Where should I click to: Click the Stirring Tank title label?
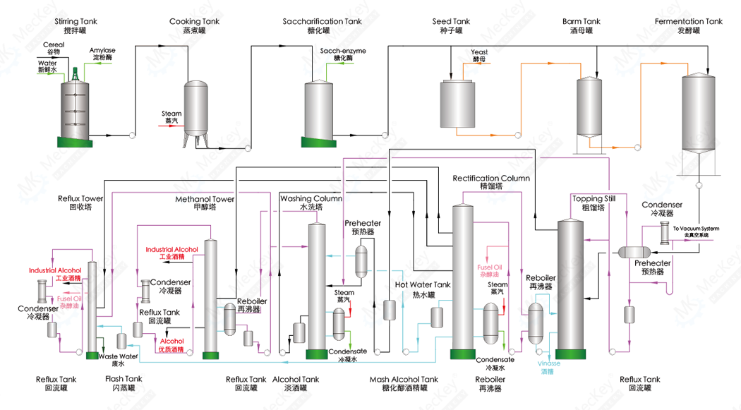pyautogui.click(x=76, y=22)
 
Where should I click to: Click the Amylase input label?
pyautogui.click(x=104, y=51)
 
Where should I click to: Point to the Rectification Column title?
pyautogui.click(x=491, y=179)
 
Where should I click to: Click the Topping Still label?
pyautogui.click(x=594, y=199)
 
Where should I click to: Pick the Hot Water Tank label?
pyautogui.click(x=423, y=285)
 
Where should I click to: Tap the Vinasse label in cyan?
pyautogui.click(x=550, y=363)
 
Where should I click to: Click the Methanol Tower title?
pyautogui.click(x=205, y=200)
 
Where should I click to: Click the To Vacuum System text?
pyautogui.click(x=697, y=229)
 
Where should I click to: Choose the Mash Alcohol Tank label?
pyautogui.click(x=404, y=380)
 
